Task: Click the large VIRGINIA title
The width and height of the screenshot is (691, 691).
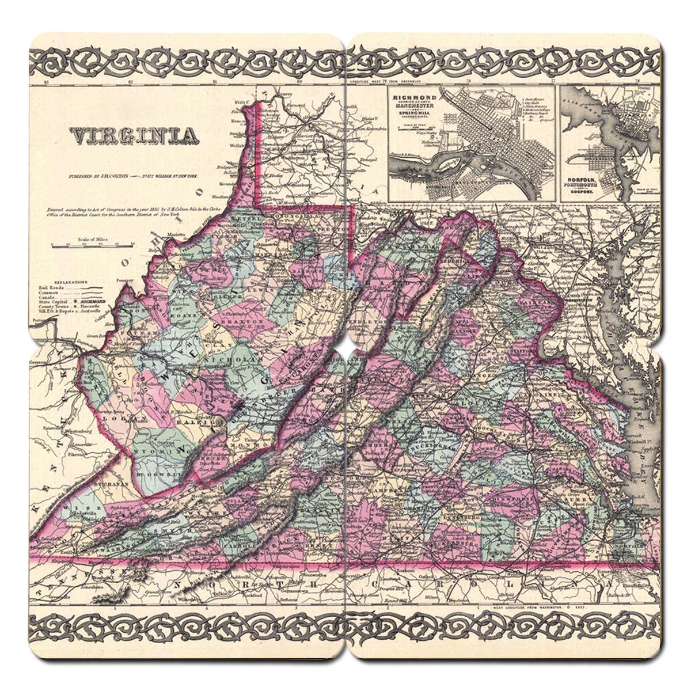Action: (x=134, y=136)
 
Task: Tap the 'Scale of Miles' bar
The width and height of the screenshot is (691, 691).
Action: (x=92, y=244)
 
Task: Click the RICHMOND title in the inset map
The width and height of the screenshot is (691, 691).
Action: (x=414, y=98)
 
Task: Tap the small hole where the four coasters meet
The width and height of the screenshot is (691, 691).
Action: (x=345, y=346)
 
